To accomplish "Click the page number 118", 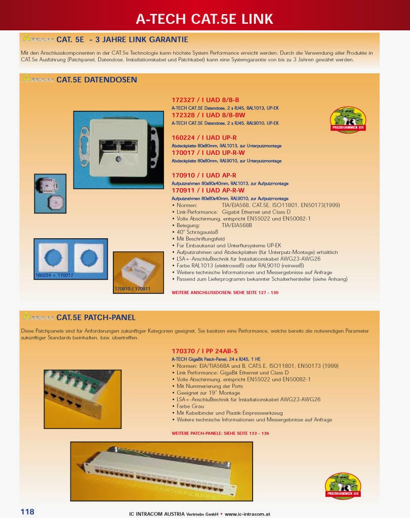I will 27,511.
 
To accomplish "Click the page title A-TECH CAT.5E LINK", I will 204,19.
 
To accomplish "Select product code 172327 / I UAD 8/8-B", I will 205,100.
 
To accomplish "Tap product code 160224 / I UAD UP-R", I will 204,138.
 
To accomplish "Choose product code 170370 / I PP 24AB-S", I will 204,351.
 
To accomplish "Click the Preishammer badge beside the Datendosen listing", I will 348,120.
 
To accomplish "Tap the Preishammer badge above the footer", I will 343,486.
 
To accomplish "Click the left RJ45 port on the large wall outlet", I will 109,146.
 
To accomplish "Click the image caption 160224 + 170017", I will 54,275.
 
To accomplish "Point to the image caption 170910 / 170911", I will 133,289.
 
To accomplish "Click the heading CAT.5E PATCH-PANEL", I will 96,318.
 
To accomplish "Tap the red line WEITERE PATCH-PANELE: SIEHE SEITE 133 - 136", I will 220,434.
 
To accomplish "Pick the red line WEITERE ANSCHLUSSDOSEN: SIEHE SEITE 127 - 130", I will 225,292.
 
